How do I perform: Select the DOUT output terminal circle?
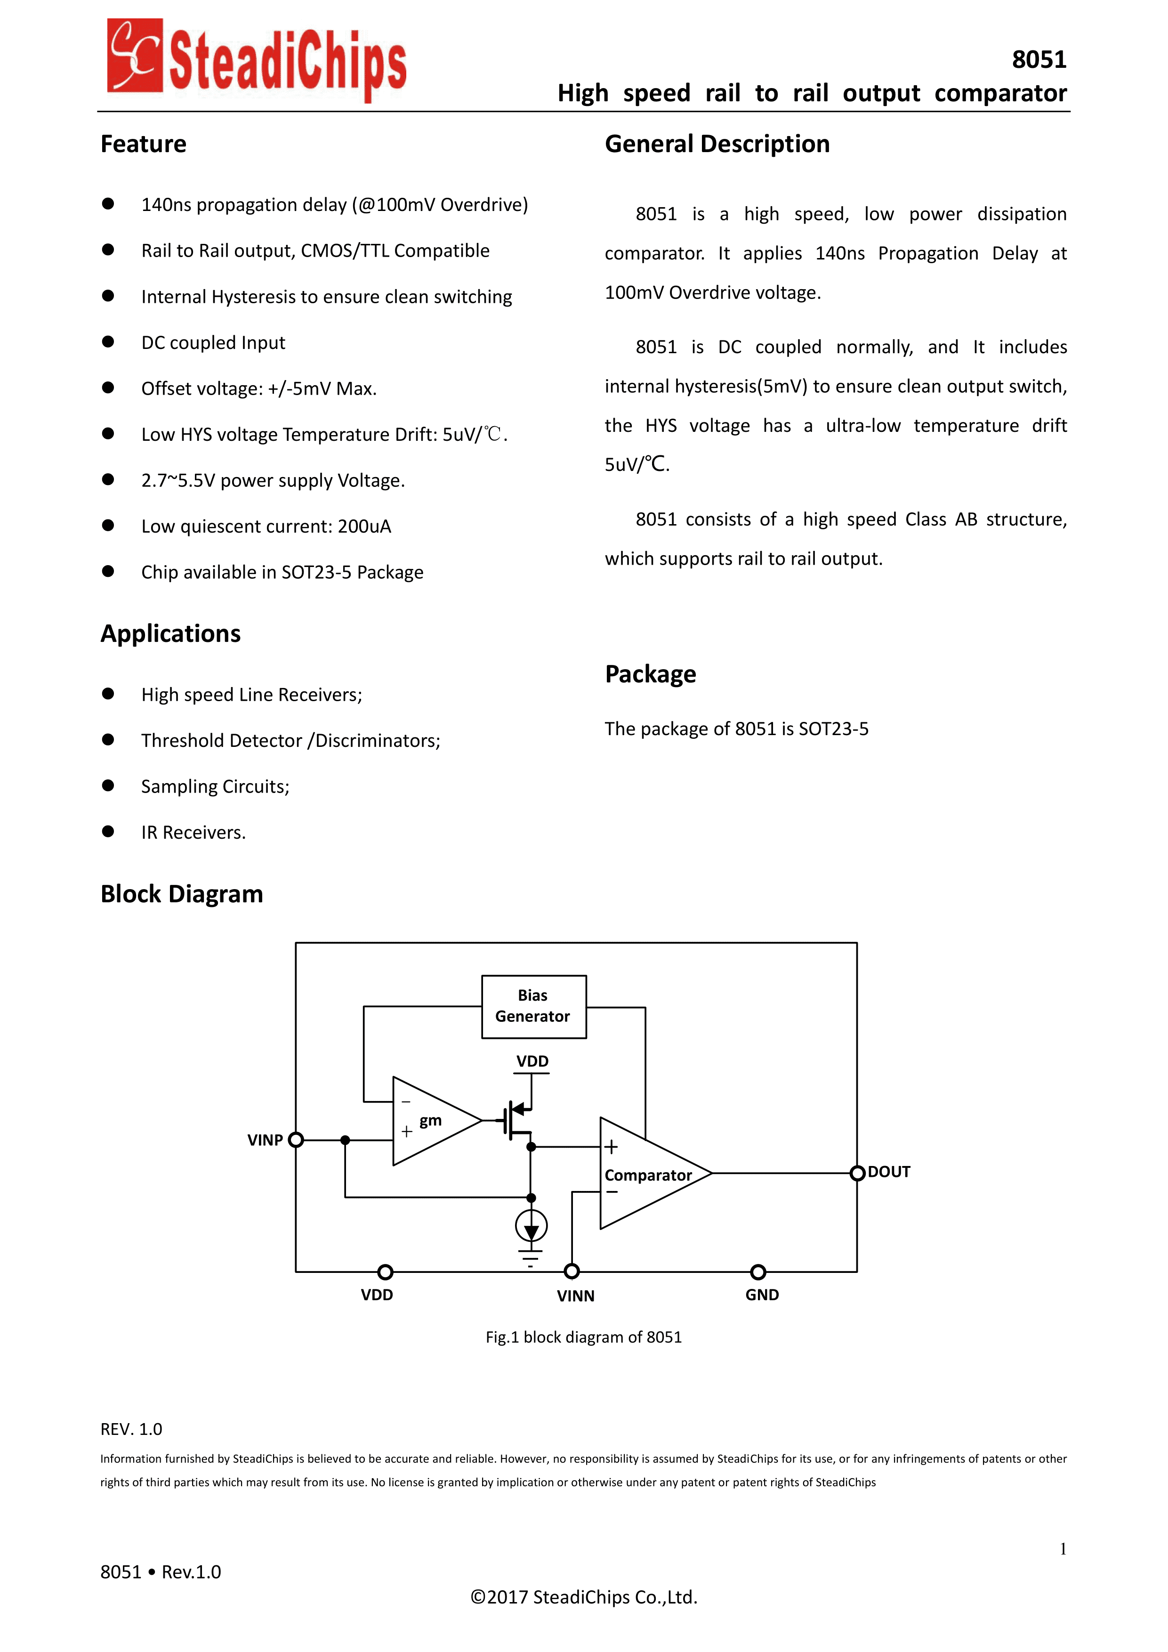tap(857, 1174)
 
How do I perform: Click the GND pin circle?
tap(758, 1272)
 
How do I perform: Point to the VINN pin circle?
tap(572, 1271)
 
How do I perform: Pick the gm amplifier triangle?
tap(432, 1121)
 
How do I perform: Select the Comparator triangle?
tap(647, 1174)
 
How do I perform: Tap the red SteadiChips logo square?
tap(135, 56)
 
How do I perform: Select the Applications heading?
tap(170, 633)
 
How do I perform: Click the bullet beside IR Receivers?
tap(108, 832)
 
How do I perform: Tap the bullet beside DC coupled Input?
tap(108, 342)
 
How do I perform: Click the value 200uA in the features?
tap(364, 526)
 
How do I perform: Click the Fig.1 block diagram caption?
tap(583, 1337)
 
